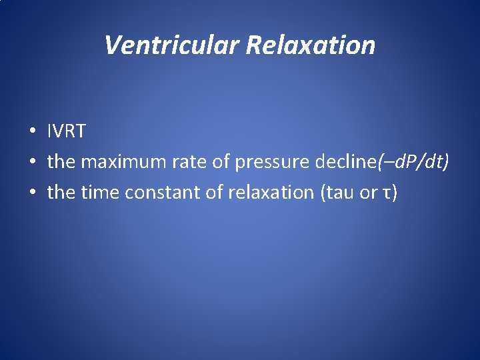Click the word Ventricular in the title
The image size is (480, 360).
tap(172, 45)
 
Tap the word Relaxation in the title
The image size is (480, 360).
tap(311, 45)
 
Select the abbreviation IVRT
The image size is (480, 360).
tap(67, 131)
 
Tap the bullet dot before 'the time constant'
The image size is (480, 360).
tap(32, 193)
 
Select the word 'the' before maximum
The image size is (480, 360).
tap(61, 162)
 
